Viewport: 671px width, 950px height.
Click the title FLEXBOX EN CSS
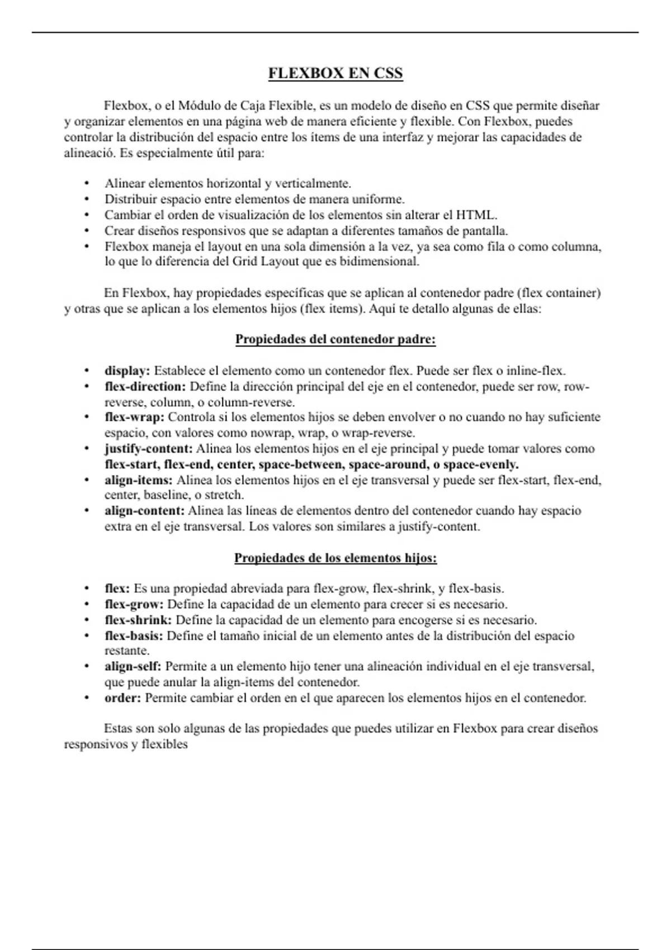click(x=335, y=74)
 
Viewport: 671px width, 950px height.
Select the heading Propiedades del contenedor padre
click(x=335, y=339)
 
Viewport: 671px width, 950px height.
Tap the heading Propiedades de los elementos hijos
click(x=335, y=558)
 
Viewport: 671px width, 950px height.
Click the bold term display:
click(x=127, y=370)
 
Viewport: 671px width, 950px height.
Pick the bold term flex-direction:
click(x=145, y=386)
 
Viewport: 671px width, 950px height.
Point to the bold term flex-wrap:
click(x=134, y=417)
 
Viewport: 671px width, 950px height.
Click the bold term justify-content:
click(x=148, y=448)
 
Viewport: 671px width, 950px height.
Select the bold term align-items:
click(x=138, y=479)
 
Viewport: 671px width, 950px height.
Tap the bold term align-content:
click(x=144, y=511)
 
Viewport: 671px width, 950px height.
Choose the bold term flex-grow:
click(x=134, y=604)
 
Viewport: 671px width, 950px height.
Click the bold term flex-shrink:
click(x=138, y=620)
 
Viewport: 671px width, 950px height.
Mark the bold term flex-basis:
click(x=134, y=635)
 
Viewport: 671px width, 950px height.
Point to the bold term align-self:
click(x=133, y=666)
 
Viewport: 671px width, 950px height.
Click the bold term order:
click(x=122, y=698)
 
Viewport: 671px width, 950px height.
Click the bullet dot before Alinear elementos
click(x=87, y=183)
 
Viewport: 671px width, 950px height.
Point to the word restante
click(x=126, y=651)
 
